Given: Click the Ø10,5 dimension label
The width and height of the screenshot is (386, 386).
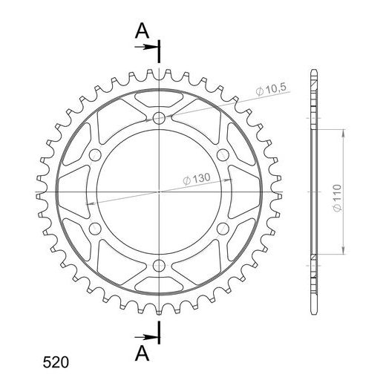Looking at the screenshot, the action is pos(271,89).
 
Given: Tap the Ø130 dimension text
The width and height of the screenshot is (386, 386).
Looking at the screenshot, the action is pos(197,179).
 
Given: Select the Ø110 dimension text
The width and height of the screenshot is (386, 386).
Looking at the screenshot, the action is pos(337,198).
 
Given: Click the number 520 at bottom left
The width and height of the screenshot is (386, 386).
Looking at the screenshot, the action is pos(56,363).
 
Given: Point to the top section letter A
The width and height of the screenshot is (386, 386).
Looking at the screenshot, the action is pos(142,30).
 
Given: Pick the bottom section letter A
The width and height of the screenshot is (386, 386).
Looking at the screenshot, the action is pos(142,353).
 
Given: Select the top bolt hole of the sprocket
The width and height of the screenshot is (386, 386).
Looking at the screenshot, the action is pos(159,118).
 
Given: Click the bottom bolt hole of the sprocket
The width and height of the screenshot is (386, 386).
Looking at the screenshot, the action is pos(159,266).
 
